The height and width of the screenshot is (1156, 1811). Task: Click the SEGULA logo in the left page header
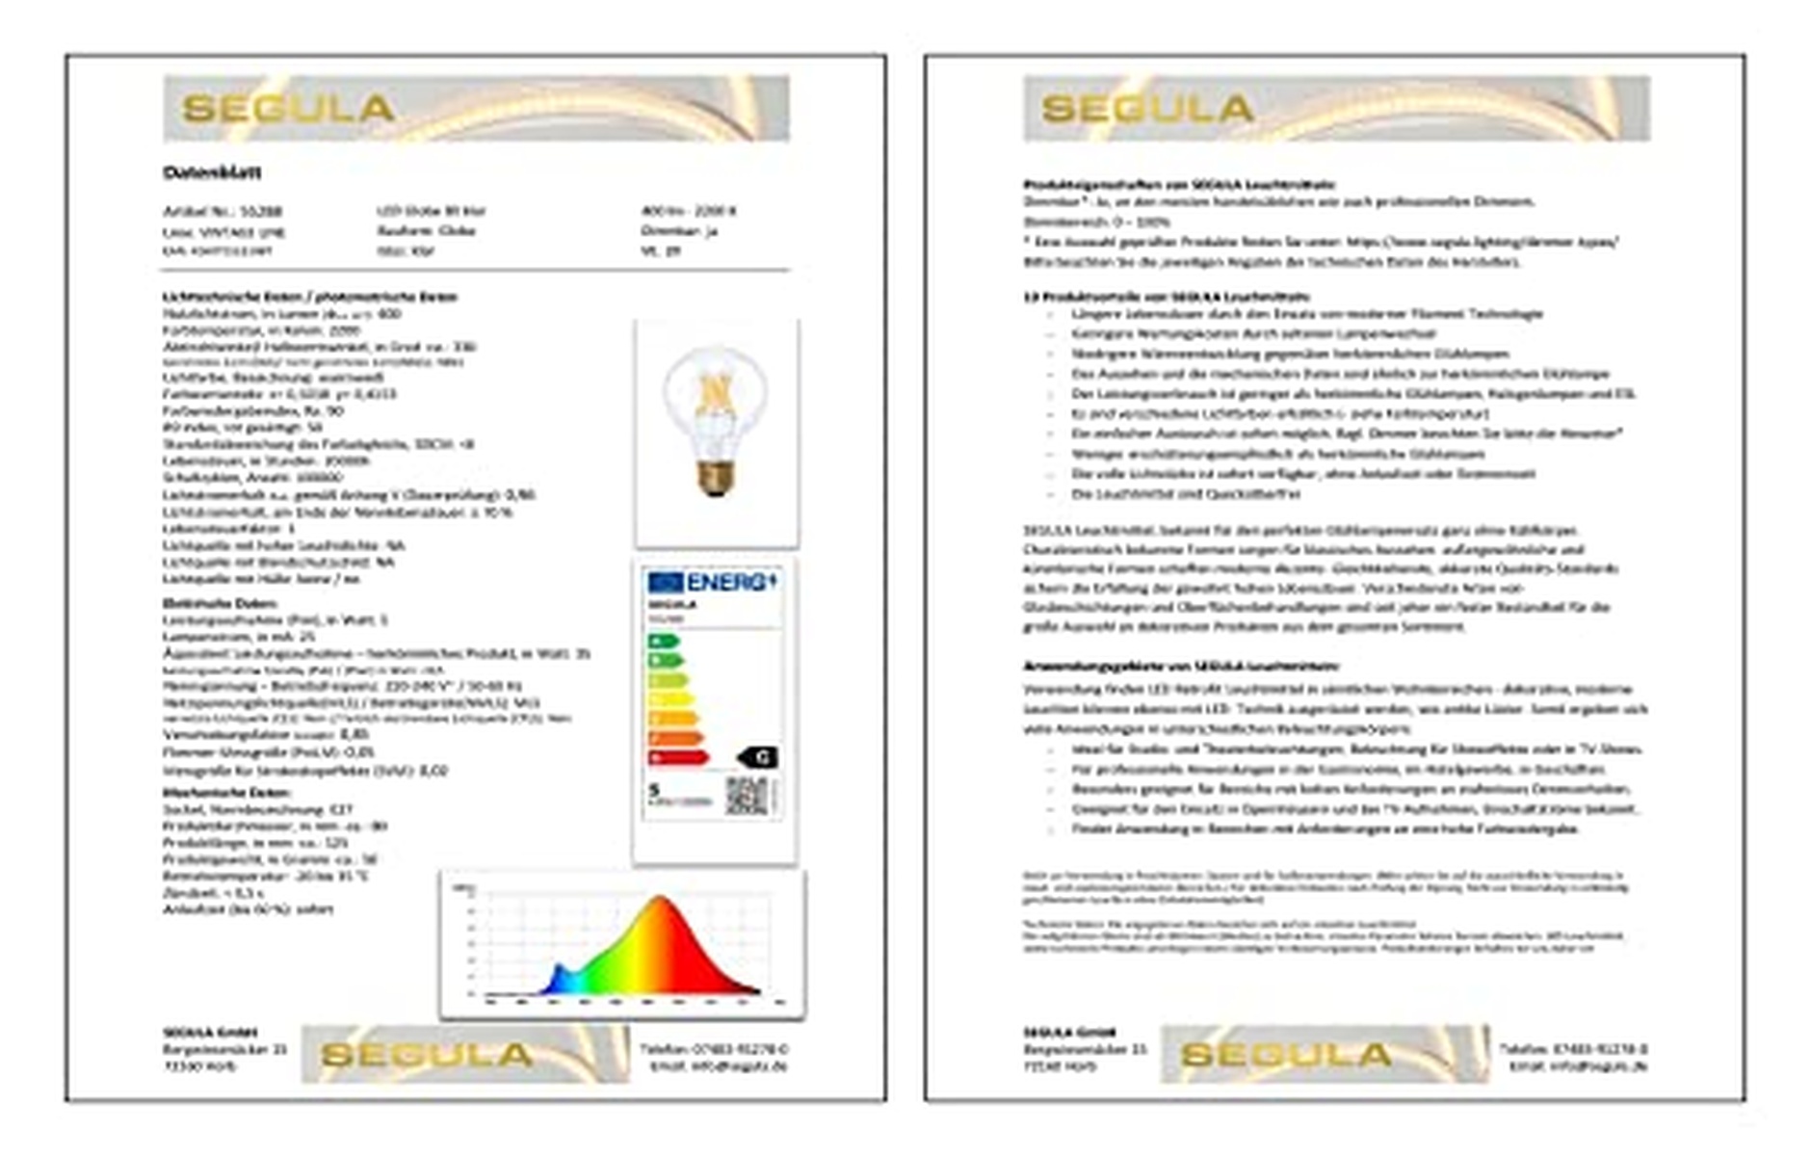tap(288, 108)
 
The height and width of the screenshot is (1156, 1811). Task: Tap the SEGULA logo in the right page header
tap(1147, 108)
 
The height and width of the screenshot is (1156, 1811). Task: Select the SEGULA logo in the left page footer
tap(426, 1055)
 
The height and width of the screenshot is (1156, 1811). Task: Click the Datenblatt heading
tap(212, 172)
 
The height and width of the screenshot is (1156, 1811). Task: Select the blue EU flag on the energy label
tap(665, 582)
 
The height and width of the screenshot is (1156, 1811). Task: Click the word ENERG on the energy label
tap(727, 582)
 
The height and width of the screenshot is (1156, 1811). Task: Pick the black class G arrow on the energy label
tap(758, 757)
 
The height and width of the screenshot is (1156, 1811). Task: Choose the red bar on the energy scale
tap(678, 758)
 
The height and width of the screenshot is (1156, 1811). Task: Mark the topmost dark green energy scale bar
tap(664, 642)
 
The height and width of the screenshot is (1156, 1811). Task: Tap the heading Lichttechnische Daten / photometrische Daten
tap(309, 297)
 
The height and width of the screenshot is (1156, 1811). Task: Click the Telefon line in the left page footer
tap(713, 1048)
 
